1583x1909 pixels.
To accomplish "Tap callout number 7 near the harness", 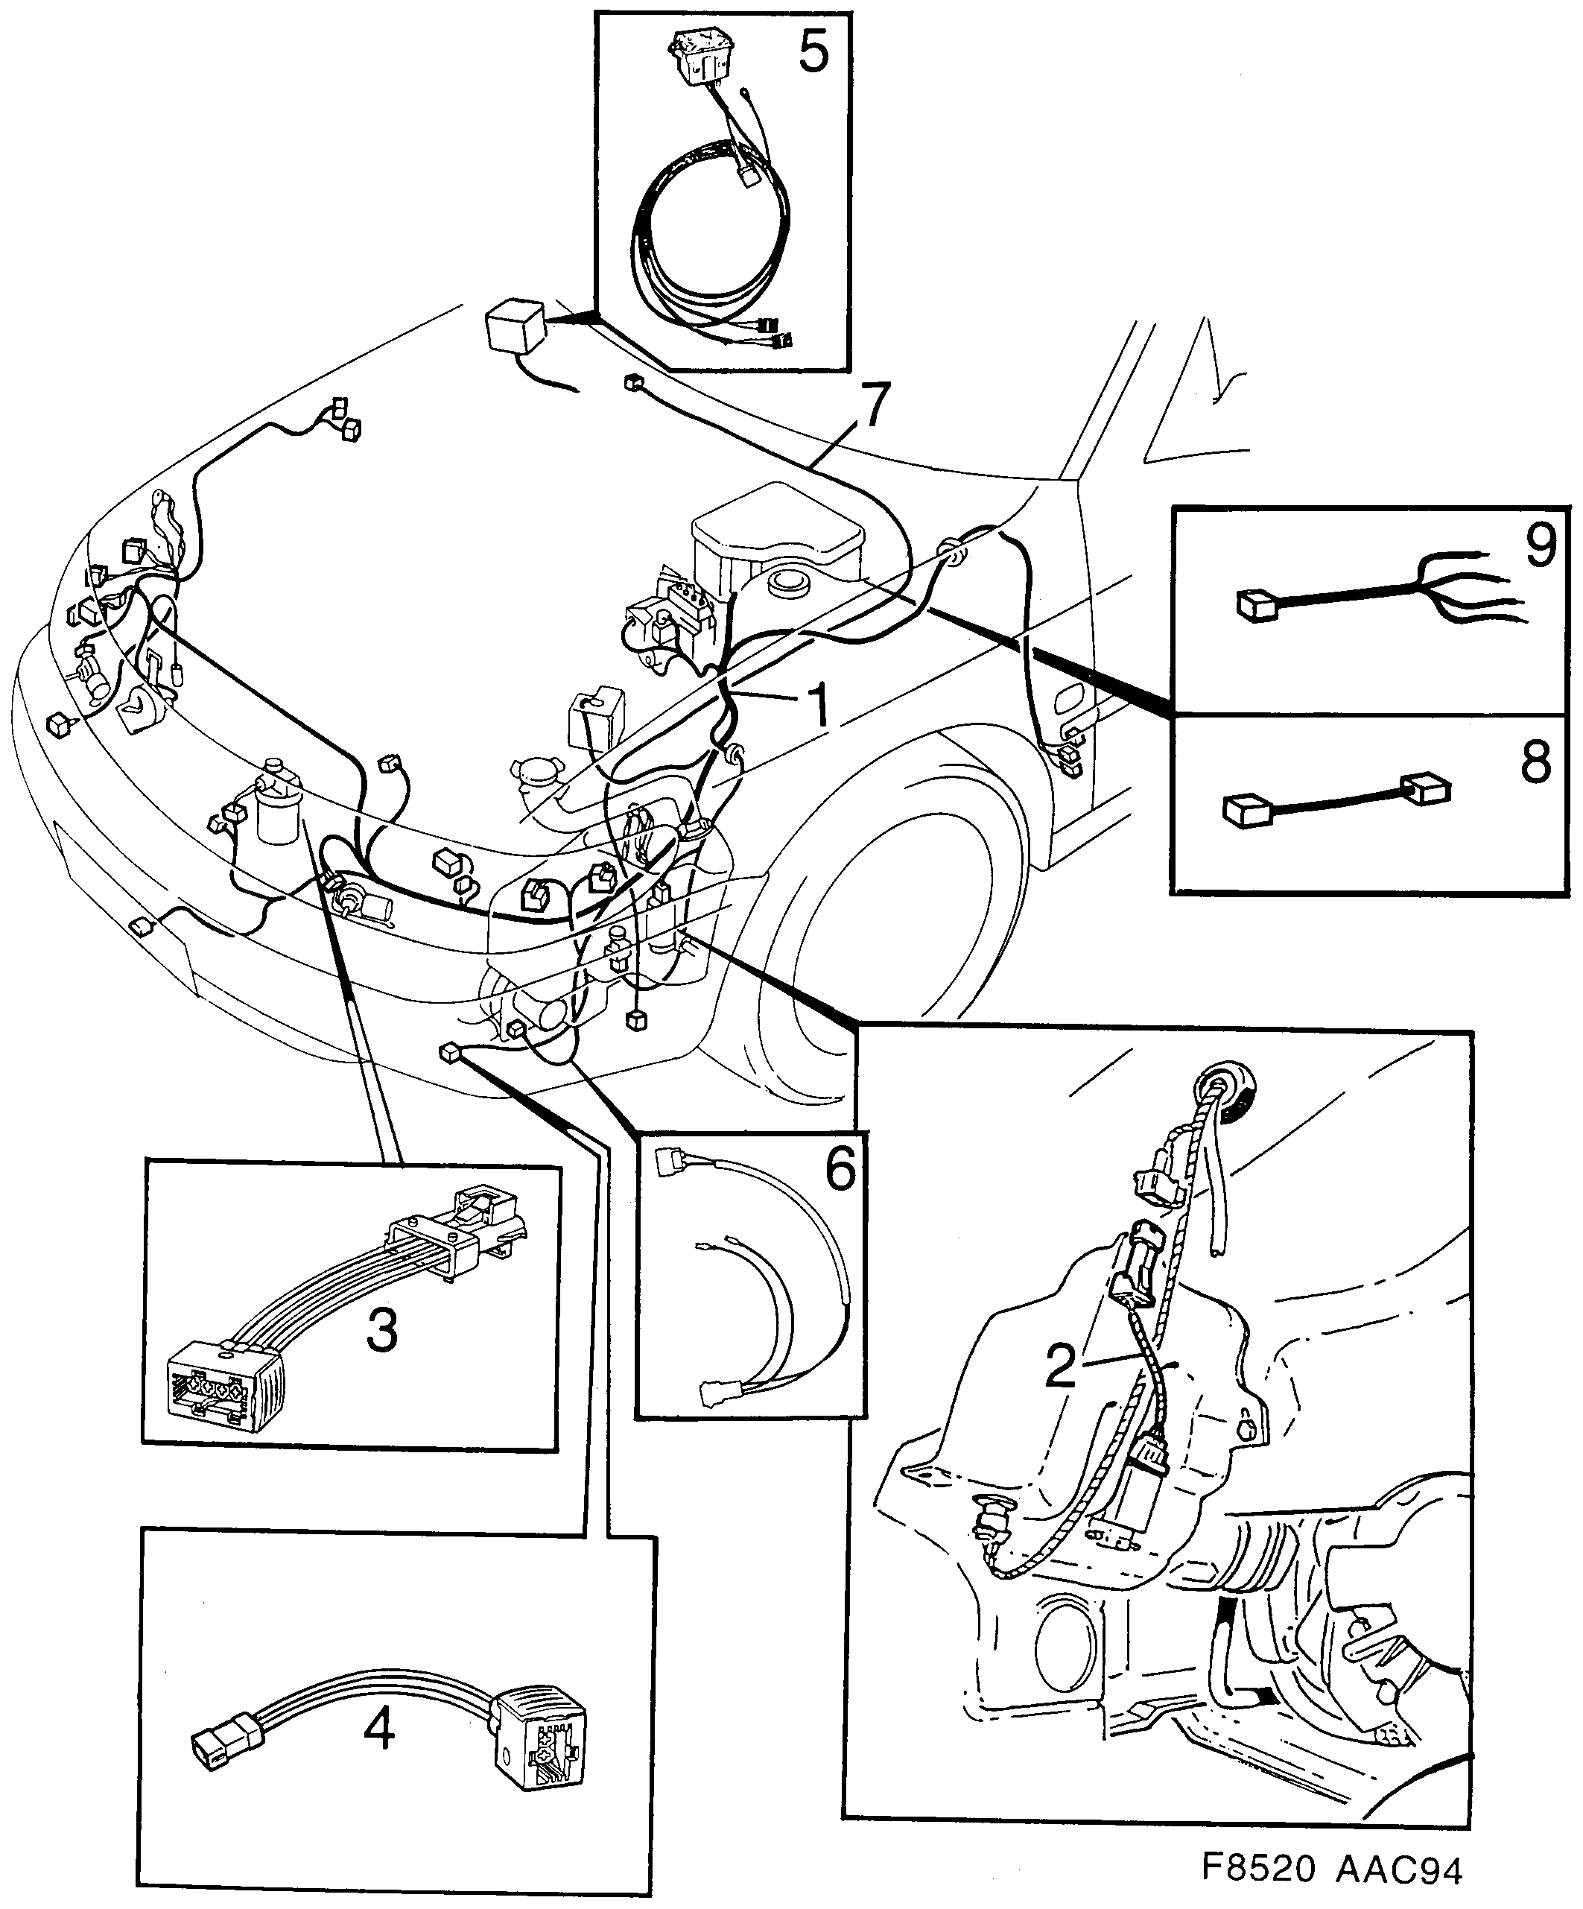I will [871, 406].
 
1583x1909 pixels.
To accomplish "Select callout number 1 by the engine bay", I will [817, 703].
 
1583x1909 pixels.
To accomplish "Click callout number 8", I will [1536, 762].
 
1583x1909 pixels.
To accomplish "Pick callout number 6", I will [840, 1169].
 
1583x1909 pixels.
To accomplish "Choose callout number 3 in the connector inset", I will [381, 1332].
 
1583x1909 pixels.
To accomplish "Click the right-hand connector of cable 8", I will [1425, 788].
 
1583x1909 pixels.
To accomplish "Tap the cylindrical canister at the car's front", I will [278, 803].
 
